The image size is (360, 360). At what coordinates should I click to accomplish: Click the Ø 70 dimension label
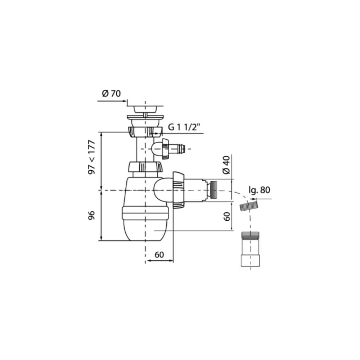coord(111,94)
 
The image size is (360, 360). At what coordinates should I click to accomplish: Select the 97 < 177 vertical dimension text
coord(91,157)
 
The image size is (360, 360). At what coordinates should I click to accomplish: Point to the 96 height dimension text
coord(91,215)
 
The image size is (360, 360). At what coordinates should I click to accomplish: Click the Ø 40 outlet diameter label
coord(226,165)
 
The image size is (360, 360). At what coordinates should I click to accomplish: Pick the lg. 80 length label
coord(259,190)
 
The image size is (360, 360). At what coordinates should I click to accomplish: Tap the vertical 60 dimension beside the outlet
coord(227,216)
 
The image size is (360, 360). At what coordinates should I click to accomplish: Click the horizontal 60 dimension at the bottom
coord(159,255)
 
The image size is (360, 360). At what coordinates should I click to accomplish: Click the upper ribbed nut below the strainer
coord(145,132)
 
